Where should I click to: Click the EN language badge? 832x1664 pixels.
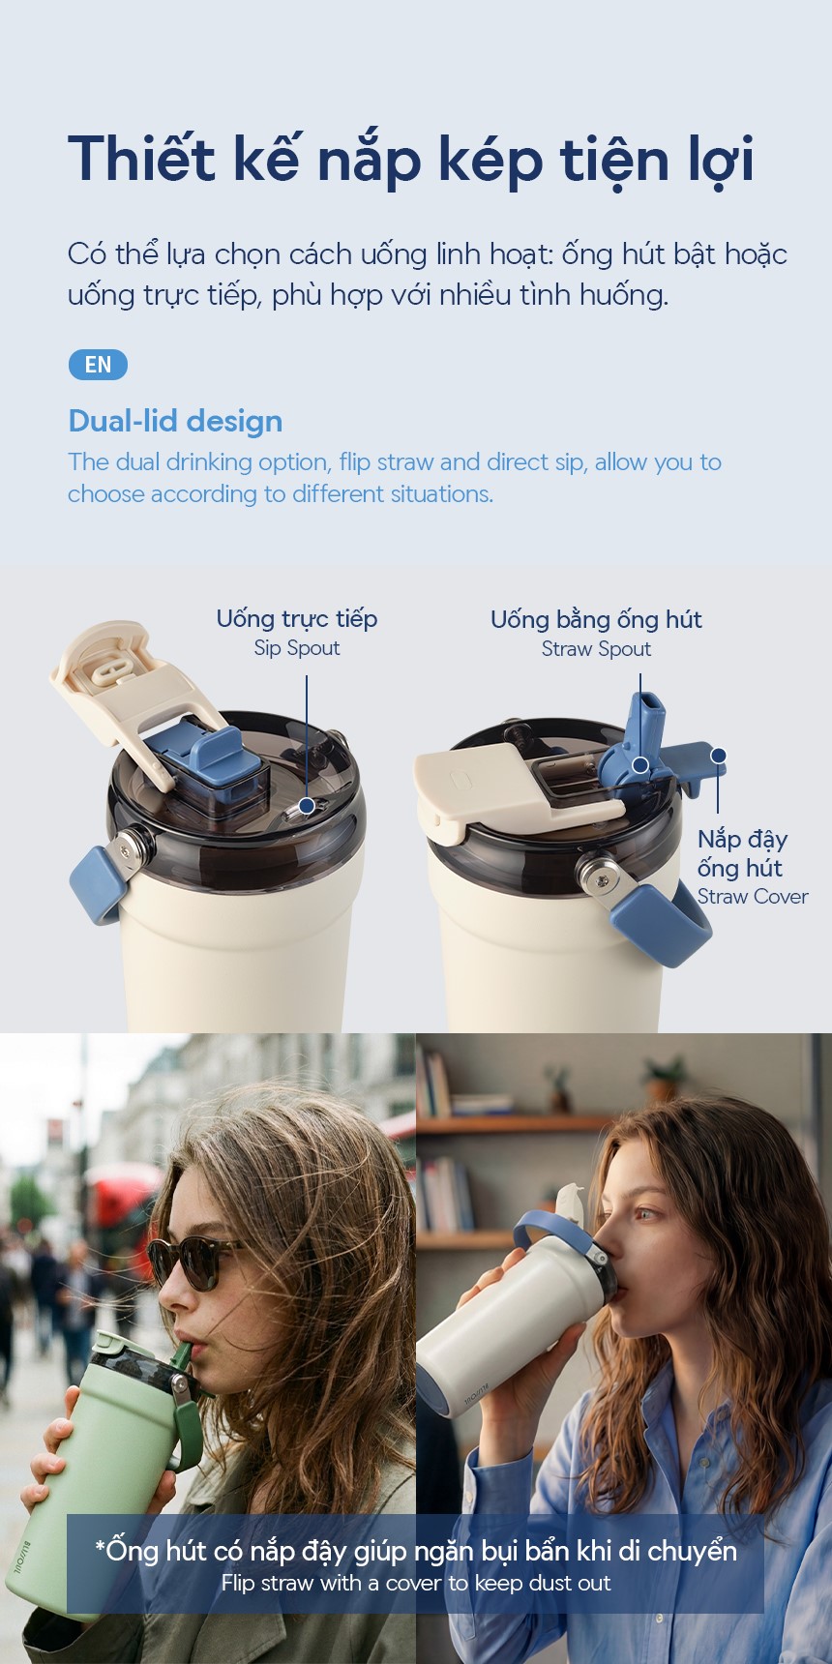pos(98,365)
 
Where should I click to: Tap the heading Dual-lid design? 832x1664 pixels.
pos(175,422)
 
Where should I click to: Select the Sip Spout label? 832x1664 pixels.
pos(297,648)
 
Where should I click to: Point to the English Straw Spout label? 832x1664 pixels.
pos(596,649)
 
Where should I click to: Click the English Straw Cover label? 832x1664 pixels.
pos(753,897)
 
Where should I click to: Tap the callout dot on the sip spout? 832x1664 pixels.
pos(307,805)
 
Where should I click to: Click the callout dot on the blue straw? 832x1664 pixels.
pos(639,765)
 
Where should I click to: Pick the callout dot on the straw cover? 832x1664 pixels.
pos(718,756)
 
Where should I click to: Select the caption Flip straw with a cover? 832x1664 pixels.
pos(416,1584)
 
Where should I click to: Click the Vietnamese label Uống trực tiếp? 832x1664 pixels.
pos(297,619)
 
